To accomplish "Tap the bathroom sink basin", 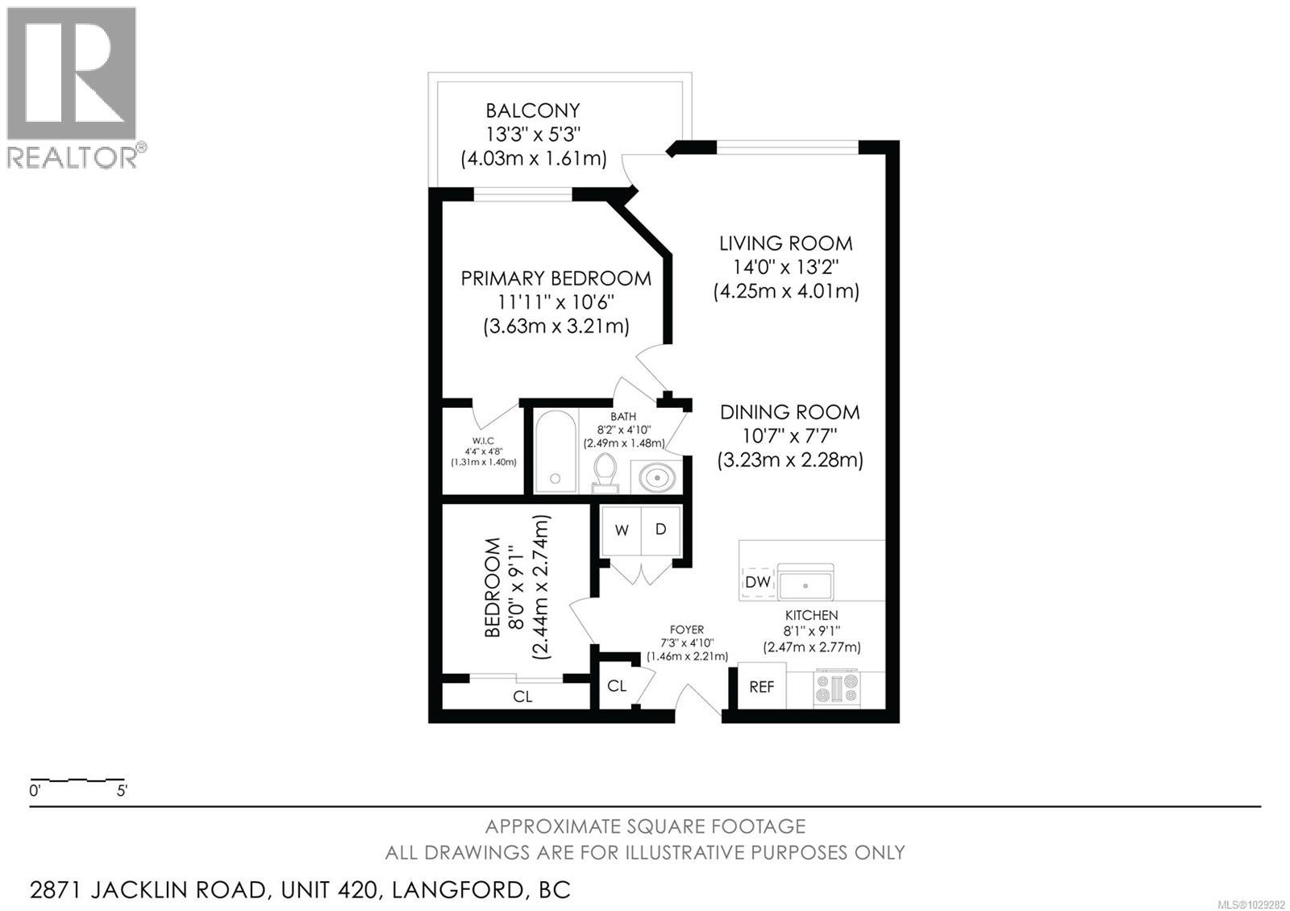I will pos(657,478).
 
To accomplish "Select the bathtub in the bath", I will pos(556,452).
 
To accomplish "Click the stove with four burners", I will pos(837,688).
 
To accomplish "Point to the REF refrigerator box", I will pos(761,687).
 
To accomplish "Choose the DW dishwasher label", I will pos(757,582).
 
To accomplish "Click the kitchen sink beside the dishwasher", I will pos(805,582).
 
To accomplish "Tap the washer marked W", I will pos(622,530).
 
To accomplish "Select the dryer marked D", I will pos(661,530).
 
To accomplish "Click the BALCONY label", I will pos(532,110).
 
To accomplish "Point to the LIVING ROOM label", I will pos(785,243).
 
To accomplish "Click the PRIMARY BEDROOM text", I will pos(556,279).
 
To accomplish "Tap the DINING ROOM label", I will pos(789,413).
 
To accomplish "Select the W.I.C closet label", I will pos(483,441).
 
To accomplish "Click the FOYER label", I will pos(686,630).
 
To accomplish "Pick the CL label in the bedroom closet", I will pos(522,697).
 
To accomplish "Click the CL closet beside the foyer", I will pos(617,686).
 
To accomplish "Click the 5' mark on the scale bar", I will pos(122,791).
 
